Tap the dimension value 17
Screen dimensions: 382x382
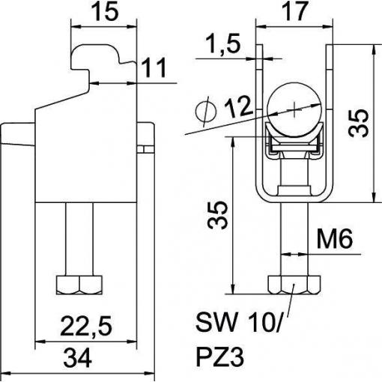click(294, 11)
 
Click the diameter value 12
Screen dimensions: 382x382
click(237, 107)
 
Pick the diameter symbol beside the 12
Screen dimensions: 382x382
click(206, 112)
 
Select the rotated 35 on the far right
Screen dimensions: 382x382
click(359, 124)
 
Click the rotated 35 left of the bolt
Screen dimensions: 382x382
click(218, 215)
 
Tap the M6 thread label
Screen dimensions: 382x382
click(335, 239)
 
